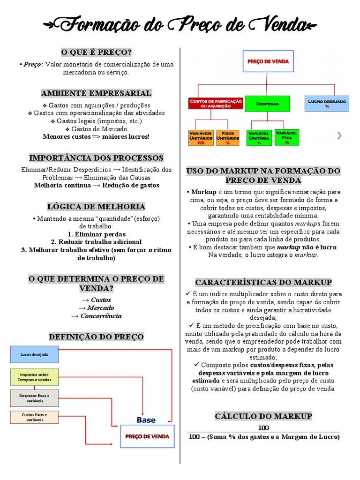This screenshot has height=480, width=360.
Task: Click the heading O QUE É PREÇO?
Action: [x=96, y=52]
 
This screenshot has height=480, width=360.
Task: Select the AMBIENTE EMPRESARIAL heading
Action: [x=96, y=93]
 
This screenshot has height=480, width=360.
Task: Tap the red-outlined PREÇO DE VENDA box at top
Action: [x=268, y=61]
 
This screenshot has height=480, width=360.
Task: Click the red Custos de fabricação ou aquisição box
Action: [x=216, y=104]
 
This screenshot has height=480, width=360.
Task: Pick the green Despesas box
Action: [x=268, y=103]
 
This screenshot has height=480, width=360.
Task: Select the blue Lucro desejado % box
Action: [x=327, y=103]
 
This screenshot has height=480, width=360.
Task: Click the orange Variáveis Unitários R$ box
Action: [x=201, y=138]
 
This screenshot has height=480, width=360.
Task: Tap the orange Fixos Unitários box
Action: [x=228, y=138]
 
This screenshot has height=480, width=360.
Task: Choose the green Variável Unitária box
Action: [x=259, y=138]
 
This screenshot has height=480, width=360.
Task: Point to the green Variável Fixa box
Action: [x=286, y=137]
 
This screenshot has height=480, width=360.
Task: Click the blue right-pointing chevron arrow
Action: [x=339, y=136]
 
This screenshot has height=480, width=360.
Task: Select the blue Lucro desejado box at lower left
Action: [x=34, y=355]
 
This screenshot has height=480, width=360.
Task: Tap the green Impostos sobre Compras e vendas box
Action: [x=34, y=377]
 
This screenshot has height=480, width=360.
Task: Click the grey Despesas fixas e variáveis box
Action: [x=34, y=398]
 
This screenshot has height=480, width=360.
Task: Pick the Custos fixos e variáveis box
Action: [x=34, y=417]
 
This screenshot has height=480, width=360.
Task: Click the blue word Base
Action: [x=146, y=420]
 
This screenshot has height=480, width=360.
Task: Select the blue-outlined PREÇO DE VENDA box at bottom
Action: [x=148, y=436]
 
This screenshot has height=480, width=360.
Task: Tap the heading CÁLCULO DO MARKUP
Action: [x=263, y=416]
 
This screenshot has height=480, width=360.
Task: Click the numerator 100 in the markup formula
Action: [x=263, y=427]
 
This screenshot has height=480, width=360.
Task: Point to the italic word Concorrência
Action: [x=101, y=315]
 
